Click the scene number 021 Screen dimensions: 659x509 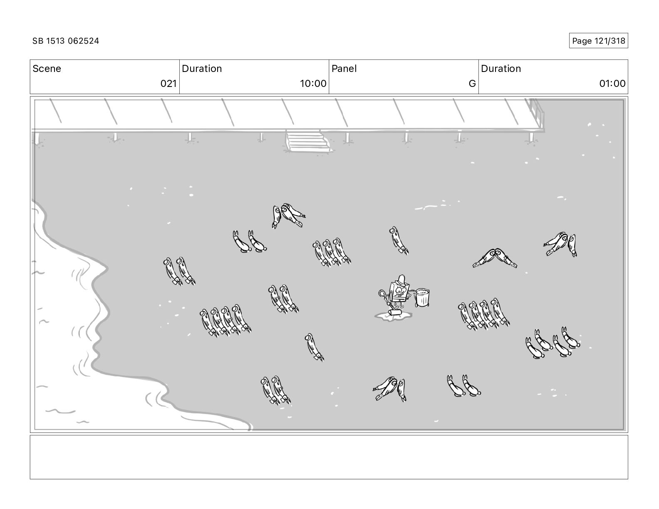pyautogui.click(x=168, y=83)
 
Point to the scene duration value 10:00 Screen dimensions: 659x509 pyautogui.click(x=313, y=83)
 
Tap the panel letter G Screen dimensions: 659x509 pyautogui.click(x=472, y=83)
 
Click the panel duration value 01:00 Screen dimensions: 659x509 pyautogui.click(x=612, y=83)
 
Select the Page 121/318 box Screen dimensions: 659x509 pyautogui.click(x=598, y=41)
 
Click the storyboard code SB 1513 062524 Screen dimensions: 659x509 pyautogui.click(x=66, y=41)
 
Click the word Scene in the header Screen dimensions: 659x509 pyautogui.click(x=47, y=69)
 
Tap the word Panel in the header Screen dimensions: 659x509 pyautogui.click(x=344, y=69)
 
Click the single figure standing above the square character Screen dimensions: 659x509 pyautogui.click(x=398, y=240)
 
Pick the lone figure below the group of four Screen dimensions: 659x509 pyautogui.click(x=314, y=347)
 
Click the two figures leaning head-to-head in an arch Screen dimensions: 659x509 pyautogui.click(x=495, y=258)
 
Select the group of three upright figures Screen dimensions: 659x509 pyautogui.click(x=332, y=252)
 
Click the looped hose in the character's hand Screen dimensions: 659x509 pyautogui.click(x=383, y=295)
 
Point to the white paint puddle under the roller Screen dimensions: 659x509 pyautogui.click(x=393, y=316)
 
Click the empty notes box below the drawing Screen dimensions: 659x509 pyautogui.click(x=329, y=457)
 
